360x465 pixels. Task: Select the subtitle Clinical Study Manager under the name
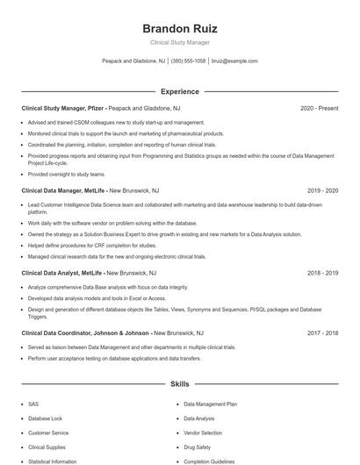click(x=179, y=42)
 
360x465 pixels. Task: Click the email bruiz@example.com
click(x=235, y=61)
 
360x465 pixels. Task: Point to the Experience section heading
click(x=179, y=91)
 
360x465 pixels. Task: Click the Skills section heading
click(x=179, y=384)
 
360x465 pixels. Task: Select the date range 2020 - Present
click(x=319, y=108)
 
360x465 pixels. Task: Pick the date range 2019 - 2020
click(x=322, y=190)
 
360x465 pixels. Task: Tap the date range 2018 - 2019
click(x=322, y=273)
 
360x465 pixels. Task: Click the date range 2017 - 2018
click(x=322, y=333)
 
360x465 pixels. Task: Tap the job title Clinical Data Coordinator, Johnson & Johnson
click(x=86, y=333)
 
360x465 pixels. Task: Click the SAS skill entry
click(x=33, y=404)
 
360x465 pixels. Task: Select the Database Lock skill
click(x=46, y=418)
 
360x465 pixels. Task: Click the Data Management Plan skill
click(x=211, y=404)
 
